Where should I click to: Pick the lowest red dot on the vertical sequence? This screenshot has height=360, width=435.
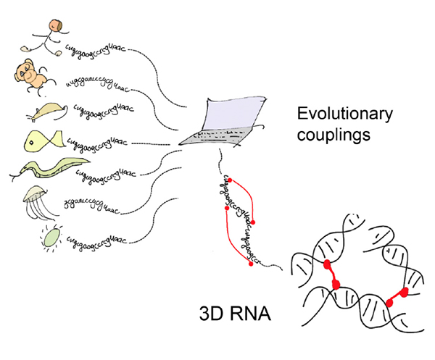(251, 264)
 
